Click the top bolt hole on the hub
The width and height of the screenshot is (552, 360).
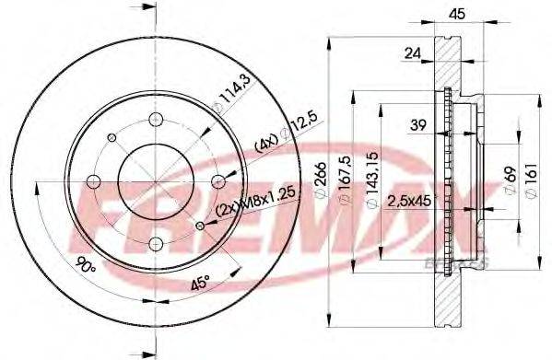click(x=155, y=118)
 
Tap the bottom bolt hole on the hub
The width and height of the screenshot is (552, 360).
click(x=155, y=243)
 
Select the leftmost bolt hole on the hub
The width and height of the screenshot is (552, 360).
click(x=92, y=180)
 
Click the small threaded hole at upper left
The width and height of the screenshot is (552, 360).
click(x=111, y=136)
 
